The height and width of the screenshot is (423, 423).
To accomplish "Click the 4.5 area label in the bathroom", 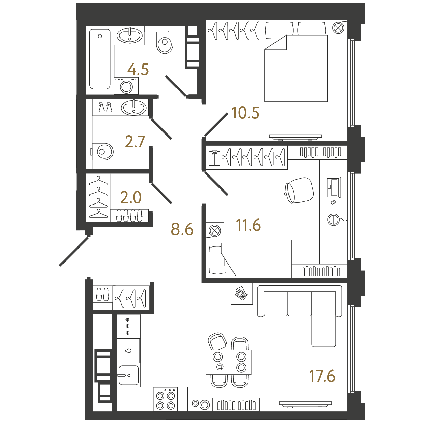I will tap(138, 70).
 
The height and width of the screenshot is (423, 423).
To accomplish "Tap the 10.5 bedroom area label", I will tap(245, 113).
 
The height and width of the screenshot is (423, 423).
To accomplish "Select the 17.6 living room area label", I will tap(322, 376).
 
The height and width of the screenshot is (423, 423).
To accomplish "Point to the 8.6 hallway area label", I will tap(182, 229).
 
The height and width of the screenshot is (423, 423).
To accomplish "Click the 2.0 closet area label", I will tap(131, 197).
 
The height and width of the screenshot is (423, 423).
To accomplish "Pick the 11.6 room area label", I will tap(248, 225).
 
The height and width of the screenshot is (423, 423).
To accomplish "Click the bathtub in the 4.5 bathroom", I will tap(100, 59).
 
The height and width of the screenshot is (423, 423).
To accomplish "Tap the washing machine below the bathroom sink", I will tap(126, 86).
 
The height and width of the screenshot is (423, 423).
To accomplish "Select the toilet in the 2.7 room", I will tap(103, 152).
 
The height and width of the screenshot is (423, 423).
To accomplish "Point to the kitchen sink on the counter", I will tap(128, 375).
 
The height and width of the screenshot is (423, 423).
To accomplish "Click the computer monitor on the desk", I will tap(334, 187).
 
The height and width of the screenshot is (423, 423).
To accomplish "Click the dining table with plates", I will tap(228, 362).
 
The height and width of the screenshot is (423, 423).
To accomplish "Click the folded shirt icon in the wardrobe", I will tap(214, 158).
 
